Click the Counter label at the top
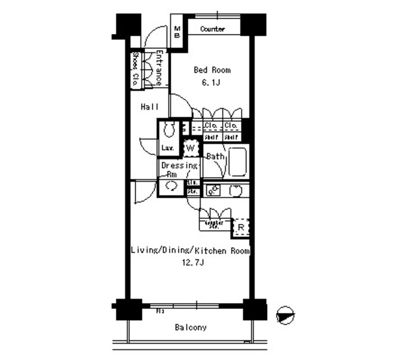coord(213,29)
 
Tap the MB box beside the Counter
coord(177,32)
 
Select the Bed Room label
coord(211,70)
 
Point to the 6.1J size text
coord(211,82)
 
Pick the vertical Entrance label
coord(159,68)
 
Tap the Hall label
coord(149,107)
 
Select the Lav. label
coord(168,148)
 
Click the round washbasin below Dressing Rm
coord(170,187)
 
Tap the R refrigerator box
coord(241,227)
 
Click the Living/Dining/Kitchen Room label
coord(190,251)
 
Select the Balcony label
coord(190,327)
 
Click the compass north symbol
coord(286,314)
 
